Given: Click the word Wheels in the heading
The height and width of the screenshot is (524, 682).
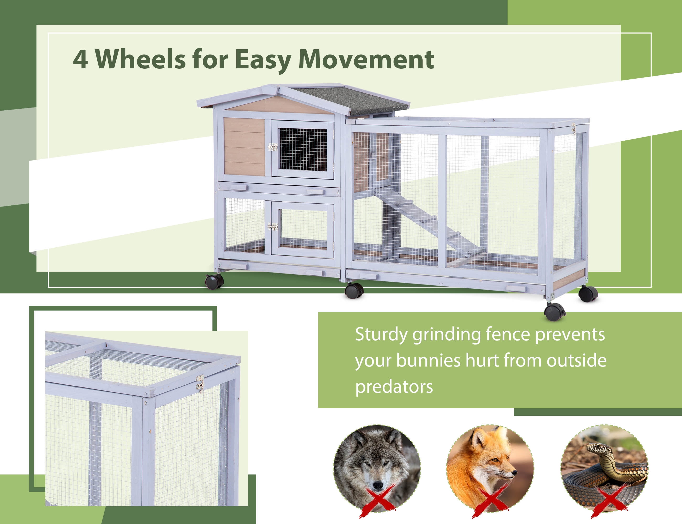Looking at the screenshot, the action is point(140,59).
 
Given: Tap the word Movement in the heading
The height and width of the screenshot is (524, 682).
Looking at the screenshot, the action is point(366,59).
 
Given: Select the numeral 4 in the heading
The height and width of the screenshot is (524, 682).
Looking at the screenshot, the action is point(80,59).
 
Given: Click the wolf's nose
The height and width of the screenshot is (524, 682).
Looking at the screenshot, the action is point(378,486).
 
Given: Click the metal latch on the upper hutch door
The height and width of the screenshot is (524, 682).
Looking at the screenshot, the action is point(273,147).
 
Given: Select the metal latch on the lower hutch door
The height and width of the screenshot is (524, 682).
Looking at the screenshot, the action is point(273,226).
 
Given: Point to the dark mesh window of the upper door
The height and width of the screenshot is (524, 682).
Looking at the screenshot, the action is point(303,149).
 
